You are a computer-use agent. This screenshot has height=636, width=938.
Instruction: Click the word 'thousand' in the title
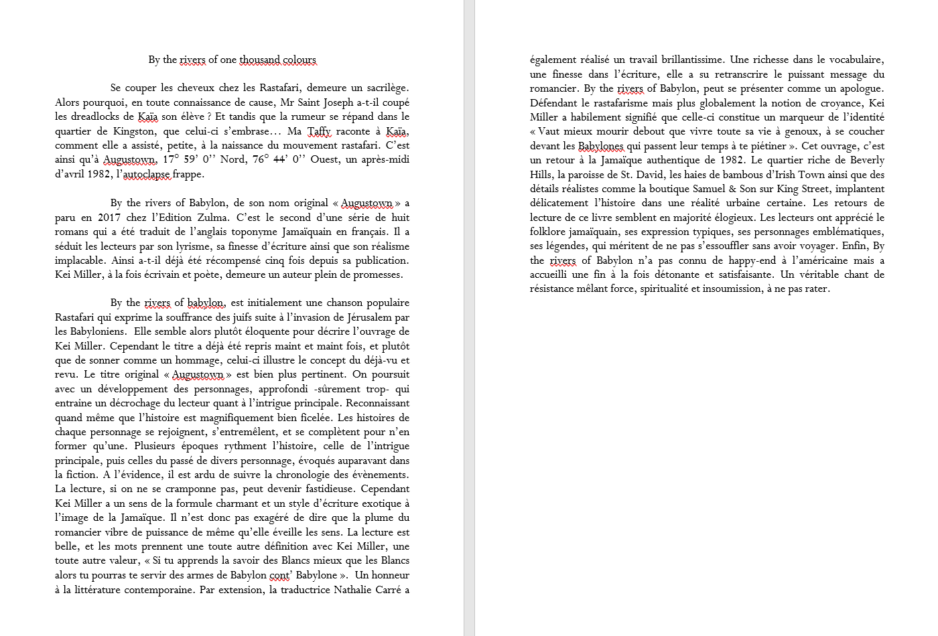pos(260,60)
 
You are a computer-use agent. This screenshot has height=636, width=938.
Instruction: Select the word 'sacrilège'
pos(385,88)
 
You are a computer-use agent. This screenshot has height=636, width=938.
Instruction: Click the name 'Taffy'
pos(319,131)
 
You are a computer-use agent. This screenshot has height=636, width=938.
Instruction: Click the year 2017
pos(109,218)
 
